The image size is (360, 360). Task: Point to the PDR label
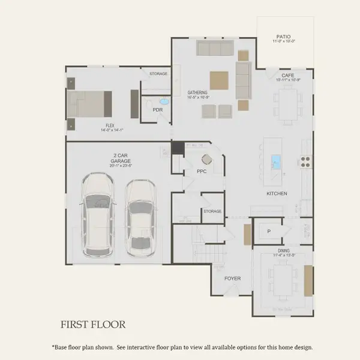coord(158,110)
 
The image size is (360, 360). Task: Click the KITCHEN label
coord(277,194)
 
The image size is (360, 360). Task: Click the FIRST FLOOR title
coord(92,325)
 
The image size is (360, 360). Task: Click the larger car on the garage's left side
coord(100,212)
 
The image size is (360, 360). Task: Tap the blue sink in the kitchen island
coord(277,161)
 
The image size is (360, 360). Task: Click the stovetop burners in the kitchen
coord(305,161)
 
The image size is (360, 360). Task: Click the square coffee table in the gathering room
coord(219,80)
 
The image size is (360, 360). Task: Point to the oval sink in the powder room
coord(164,102)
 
